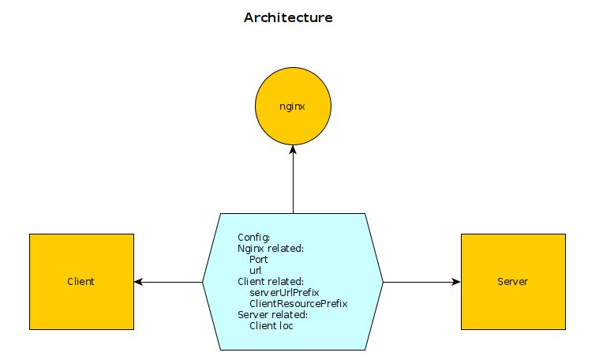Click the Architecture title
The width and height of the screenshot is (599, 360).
[x=288, y=17]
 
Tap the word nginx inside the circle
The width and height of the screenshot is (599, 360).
[x=293, y=106]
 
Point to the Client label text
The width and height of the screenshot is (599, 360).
[x=81, y=282]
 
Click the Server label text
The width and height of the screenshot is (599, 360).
[x=513, y=282]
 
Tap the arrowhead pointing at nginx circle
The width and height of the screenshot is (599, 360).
[x=293, y=150]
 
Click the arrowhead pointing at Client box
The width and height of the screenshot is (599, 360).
[x=139, y=281]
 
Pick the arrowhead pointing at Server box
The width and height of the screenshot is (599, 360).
[x=455, y=281]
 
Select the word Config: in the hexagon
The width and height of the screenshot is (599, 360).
[x=254, y=237]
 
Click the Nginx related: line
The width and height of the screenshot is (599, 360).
[x=271, y=248]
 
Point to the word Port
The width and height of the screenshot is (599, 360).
[x=258, y=259]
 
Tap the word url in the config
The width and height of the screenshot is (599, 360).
[x=255, y=270]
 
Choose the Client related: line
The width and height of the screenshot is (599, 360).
[x=271, y=281]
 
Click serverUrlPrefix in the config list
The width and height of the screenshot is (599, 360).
[x=284, y=292]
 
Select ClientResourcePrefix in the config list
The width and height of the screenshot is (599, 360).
[x=298, y=303]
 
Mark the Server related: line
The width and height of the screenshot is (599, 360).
[x=272, y=314]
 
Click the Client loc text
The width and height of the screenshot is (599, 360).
[x=271, y=325]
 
